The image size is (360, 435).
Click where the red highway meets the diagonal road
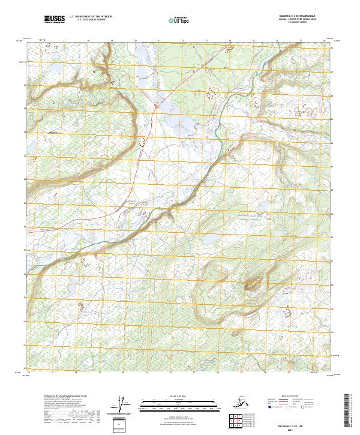[154, 107]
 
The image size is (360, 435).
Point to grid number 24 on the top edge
[230, 41]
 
